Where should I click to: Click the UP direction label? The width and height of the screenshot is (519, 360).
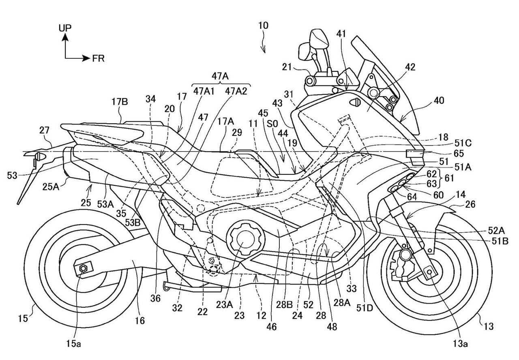(x=65, y=28)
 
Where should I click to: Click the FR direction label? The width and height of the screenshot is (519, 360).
(x=98, y=58)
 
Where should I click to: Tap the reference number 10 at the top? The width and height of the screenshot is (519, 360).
(x=263, y=25)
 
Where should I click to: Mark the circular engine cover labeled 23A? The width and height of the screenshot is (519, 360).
(x=242, y=239)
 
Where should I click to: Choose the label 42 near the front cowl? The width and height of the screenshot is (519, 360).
(x=410, y=67)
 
